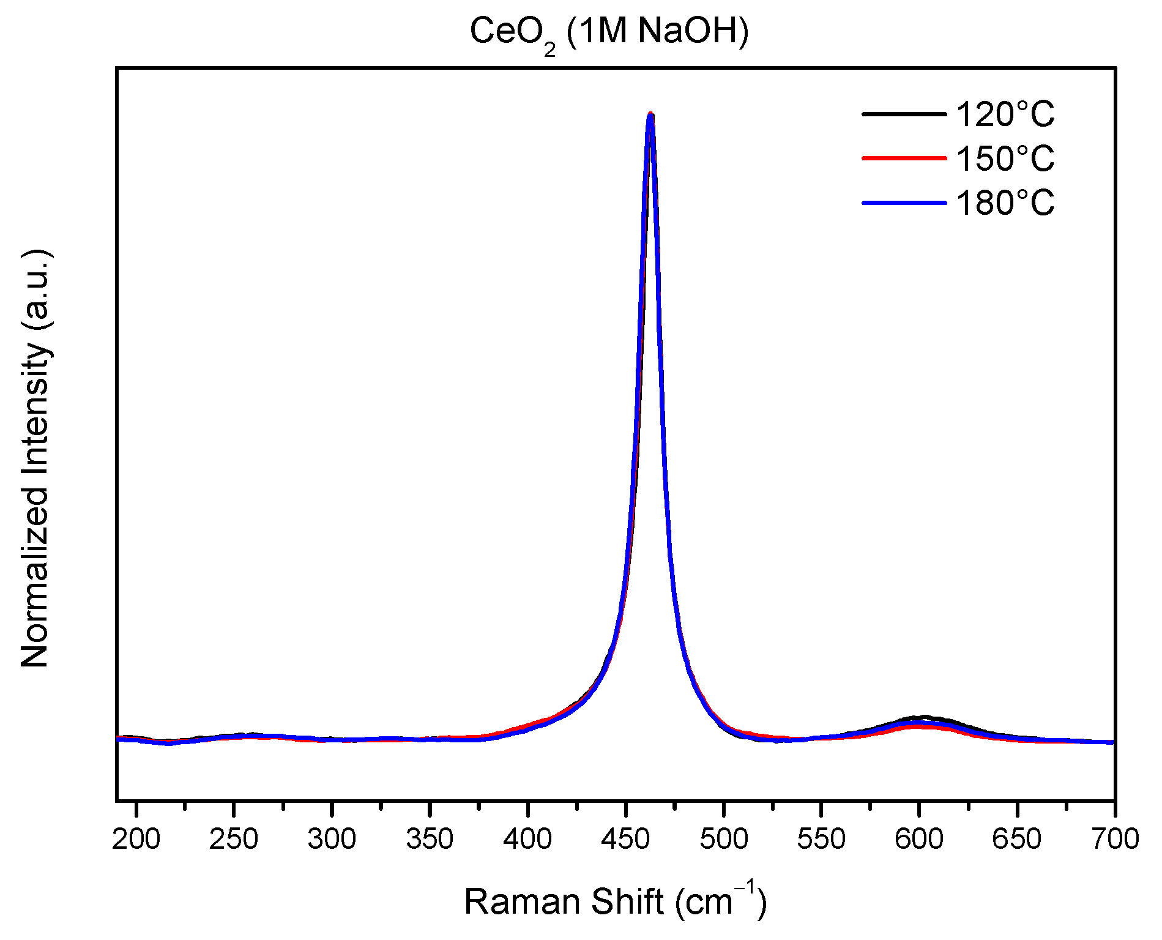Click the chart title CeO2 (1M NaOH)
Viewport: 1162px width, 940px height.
point(609,32)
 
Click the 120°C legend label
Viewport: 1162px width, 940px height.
point(1005,114)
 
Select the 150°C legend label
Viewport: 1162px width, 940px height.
point(1005,159)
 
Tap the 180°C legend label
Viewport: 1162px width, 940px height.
point(1005,203)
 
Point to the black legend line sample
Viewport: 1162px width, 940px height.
point(904,114)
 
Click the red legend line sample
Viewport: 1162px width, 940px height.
point(904,158)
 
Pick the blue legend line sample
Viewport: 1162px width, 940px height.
point(904,203)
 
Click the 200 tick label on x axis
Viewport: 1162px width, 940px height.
point(136,839)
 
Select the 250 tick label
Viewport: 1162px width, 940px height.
point(234,839)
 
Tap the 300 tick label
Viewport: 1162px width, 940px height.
point(332,839)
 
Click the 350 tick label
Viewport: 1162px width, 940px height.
point(430,839)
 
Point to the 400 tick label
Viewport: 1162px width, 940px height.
point(527,839)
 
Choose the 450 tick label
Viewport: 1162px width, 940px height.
point(625,839)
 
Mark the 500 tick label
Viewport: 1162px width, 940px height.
point(723,839)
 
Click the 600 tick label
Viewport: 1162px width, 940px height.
point(919,839)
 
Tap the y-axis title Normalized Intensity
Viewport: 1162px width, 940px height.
point(35,459)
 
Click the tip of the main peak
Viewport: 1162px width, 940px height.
point(650,114)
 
